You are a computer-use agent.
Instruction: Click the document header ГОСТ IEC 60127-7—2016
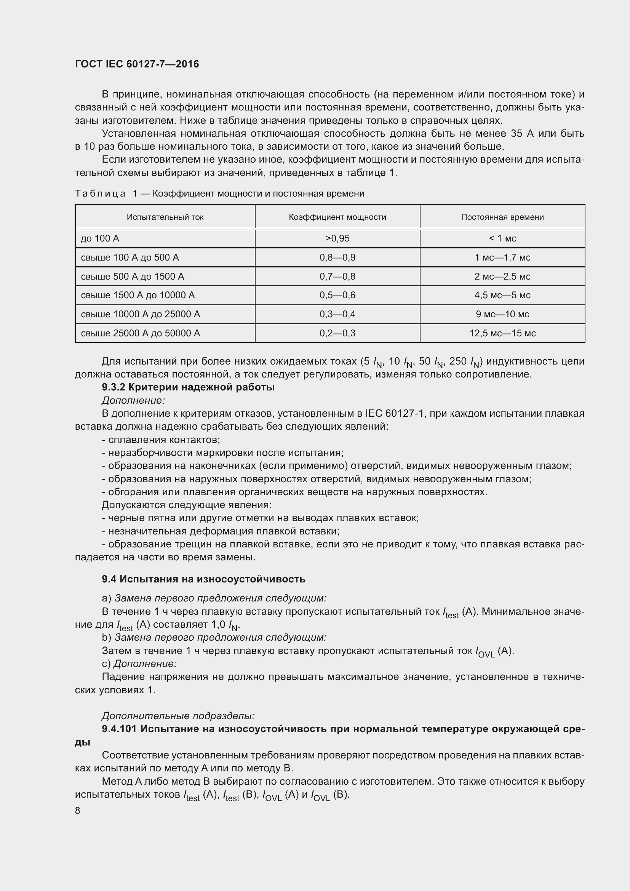pyautogui.click(x=137, y=64)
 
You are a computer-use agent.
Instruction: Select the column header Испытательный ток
pyautogui.click(x=165, y=217)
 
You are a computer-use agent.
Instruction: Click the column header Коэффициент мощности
pyautogui.click(x=337, y=217)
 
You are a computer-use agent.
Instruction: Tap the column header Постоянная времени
pyautogui.click(x=502, y=217)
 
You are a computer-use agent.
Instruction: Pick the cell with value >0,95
pyautogui.click(x=337, y=238)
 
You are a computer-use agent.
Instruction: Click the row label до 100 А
pyautogui.click(x=100, y=238)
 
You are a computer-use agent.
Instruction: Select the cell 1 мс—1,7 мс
pyautogui.click(x=502, y=257)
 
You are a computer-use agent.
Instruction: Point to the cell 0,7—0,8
pyautogui.click(x=337, y=276)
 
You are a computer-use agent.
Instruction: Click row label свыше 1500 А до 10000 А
pyautogui.click(x=138, y=295)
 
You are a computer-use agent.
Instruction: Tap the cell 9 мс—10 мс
pyautogui.click(x=502, y=314)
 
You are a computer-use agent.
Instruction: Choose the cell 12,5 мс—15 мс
pyautogui.click(x=502, y=333)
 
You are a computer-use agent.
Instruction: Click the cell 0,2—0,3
pyautogui.click(x=337, y=333)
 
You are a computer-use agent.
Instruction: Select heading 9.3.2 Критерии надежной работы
pyautogui.click(x=188, y=387)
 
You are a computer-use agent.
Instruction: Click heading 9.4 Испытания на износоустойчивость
pyautogui.click(x=203, y=579)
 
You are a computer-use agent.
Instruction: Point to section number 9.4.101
pyautogui.click(x=119, y=729)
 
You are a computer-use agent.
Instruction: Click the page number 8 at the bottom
pyautogui.click(x=78, y=810)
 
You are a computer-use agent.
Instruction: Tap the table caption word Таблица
pyautogui.click(x=100, y=193)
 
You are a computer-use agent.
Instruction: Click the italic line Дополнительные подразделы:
pyautogui.click(x=178, y=716)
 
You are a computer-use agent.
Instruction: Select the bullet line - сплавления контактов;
pyautogui.click(x=161, y=440)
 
